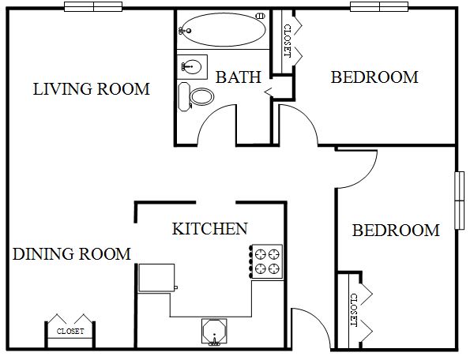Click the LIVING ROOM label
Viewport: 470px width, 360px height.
[x=92, y=89]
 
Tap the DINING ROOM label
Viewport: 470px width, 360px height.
[x=72, y=254]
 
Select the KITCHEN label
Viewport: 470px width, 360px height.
[x=210, y=229]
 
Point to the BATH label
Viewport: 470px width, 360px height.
[x=239, y=77]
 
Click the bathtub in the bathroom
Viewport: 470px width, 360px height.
[x=224, y=29]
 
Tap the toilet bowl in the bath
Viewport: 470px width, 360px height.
[x=201, y=96]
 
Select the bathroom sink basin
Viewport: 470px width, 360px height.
[x=191, y=66]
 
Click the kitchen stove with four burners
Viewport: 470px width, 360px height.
[x=266, y=261]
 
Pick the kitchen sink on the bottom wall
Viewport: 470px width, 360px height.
[x=214, y=332]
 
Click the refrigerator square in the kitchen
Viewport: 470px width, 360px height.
[x=156, y=278]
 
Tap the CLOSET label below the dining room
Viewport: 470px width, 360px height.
[x=70, y=332]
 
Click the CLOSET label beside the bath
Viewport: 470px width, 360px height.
[x=288, y=41]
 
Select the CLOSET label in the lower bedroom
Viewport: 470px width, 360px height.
[x=354, y=310]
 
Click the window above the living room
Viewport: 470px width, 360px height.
[x=93, y=6]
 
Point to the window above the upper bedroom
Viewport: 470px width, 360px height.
[x=379, y=6]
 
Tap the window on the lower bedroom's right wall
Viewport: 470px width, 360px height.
[x=460, y=201]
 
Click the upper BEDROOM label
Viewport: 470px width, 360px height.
[x=374, y=77]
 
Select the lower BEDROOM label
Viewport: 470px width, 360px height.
[x=396, y=231]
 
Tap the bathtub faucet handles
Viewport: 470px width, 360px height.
[x=182, y=31]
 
